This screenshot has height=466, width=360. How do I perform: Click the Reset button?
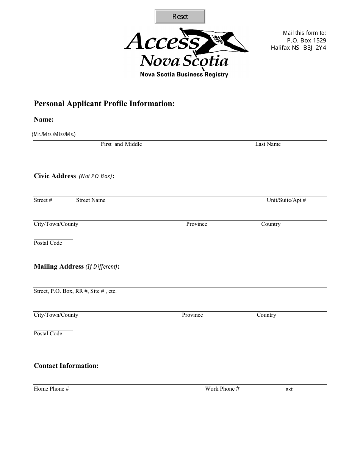click(x=180, y=17)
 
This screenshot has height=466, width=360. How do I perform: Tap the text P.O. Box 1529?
click(x=306, y=40)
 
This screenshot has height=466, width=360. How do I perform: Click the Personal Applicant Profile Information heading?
click(x=104, y=103)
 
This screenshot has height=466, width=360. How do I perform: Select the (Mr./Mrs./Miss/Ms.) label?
click(x=54, y=134)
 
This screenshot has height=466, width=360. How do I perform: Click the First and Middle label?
click(x=121, y=144)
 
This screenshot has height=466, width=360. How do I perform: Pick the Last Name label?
click(x=268, y=144)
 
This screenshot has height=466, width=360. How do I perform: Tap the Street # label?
click(x=43, y=200)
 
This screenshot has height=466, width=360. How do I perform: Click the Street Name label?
click(x=91, y=200)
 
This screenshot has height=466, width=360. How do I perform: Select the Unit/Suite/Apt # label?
click(x=286, y=200)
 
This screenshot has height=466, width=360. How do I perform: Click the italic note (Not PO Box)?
click(x=95, y=176)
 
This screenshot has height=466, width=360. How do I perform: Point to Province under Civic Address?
click(x=197, y=224)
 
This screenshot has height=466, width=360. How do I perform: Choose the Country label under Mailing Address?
click(x=266, y=315)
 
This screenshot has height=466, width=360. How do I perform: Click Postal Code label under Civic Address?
click(x=48, y=243)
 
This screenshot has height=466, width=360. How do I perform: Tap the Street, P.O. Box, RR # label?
click(x=75, y=291)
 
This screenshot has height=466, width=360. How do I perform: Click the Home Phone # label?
click(x=51, y=389)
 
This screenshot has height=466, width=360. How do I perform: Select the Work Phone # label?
click(x=222, y=389)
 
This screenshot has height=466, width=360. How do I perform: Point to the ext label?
click(x=289, y=389)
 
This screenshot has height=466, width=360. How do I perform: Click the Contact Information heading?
click(x=66, y=366)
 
